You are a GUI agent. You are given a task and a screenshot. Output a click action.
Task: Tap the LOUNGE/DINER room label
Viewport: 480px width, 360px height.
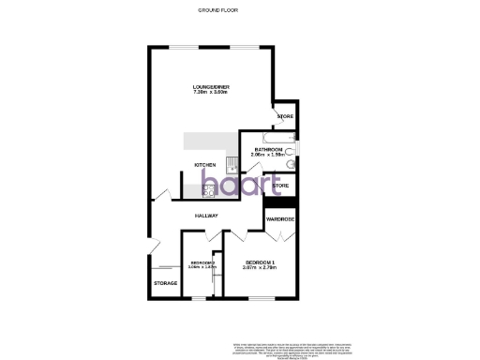coord(212,87)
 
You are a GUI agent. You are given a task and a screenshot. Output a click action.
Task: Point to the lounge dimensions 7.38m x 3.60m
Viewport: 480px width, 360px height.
coord(212,93)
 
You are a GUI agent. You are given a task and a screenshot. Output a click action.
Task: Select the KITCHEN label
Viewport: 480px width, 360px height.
coord(205,165)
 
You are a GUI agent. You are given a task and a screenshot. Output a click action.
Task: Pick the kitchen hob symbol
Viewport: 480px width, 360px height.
coord(208,191)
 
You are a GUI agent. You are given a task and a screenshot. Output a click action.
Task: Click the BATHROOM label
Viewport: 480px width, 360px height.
coord(267,148)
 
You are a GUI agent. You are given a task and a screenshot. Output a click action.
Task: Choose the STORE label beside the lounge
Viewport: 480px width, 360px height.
coord(284,116)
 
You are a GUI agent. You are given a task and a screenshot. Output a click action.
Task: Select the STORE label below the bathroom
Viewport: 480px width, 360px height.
coord(280,187)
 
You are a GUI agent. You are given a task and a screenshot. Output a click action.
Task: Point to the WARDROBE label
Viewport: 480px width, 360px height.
coord(280,219)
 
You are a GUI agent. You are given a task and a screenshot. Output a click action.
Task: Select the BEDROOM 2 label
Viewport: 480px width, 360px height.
coord(201,262)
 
